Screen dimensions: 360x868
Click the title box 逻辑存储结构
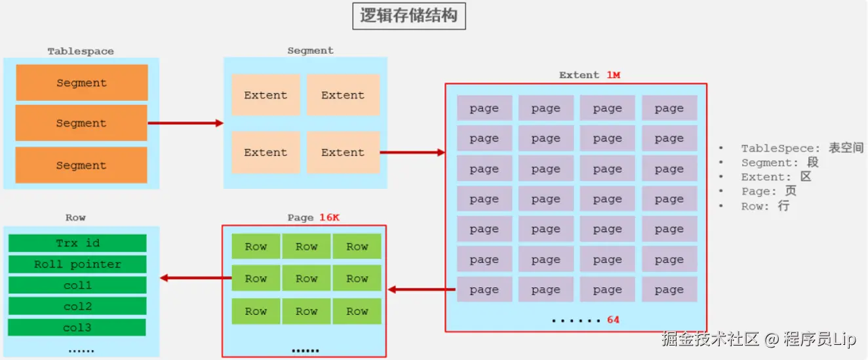pyautogui.click(x=408, y=16)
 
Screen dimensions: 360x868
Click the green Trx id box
pyautogui.click(x=77, y=243)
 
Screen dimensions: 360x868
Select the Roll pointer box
pyautogui.click(x=77, y=264)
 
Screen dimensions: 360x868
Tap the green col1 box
pyautogui.click(x=77, y=285)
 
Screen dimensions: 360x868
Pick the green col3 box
pyautogui.click(x=77, y=327)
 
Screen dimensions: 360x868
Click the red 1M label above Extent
pyautogui.click(x=613, y=75)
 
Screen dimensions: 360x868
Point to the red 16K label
pyautogui.click(x=329, y=218)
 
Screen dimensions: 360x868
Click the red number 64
pyautogui.click(x=613, y=320)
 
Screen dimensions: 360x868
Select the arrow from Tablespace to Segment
pyautogui.click(x=186, y=123)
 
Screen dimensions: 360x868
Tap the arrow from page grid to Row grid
pyautogui.click(x=422, y=289)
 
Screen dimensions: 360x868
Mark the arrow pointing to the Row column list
pyautogui.click(x=195, y=278)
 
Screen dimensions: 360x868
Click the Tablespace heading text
pyautogui.click(x=81, y=51)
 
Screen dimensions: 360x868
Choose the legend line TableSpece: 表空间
pyautogui.click(x=802, y=148)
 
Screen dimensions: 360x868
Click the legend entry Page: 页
pyautogui.click(x=768, y=191)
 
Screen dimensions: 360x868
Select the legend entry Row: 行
pyautogui.click(x=765, y=206)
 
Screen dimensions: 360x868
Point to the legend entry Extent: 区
pyautogui.click(x=776, y=177)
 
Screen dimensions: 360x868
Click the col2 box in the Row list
pyautogui.click(x=77, y=306)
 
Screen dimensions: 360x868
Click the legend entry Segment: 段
pyautogui.click(x=779, y=163)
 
